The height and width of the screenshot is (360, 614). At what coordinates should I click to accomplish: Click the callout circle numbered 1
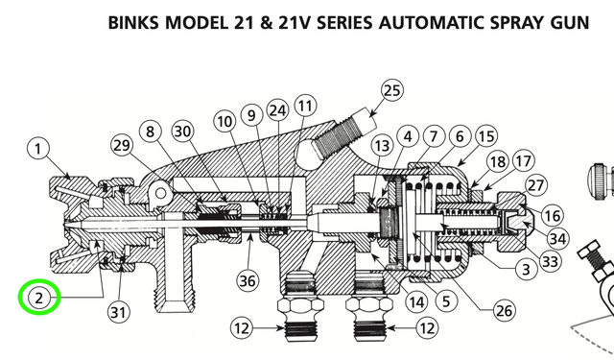pos(38,149)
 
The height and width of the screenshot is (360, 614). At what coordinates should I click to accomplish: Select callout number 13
pos(382,145)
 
